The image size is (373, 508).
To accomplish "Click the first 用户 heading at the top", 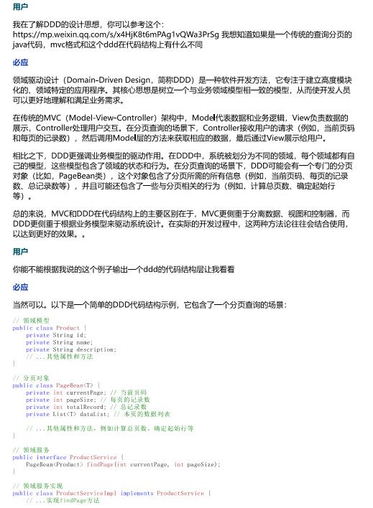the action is click(x=21, y=6).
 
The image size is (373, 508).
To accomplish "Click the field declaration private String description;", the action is click(x=70, y=349).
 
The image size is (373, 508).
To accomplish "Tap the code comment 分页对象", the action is click(x=36, y=377).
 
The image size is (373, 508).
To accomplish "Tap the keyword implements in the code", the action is click(x=137, y=494).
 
